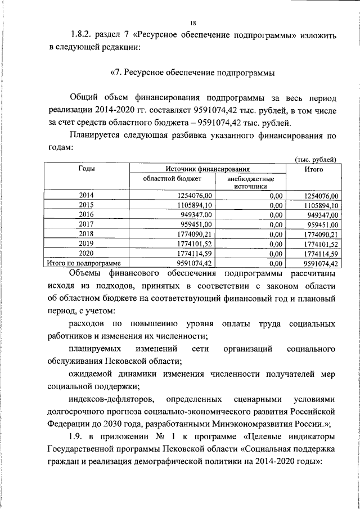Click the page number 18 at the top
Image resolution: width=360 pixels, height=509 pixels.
[193, 23]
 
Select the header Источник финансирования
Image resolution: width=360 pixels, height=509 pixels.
[208, 169]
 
